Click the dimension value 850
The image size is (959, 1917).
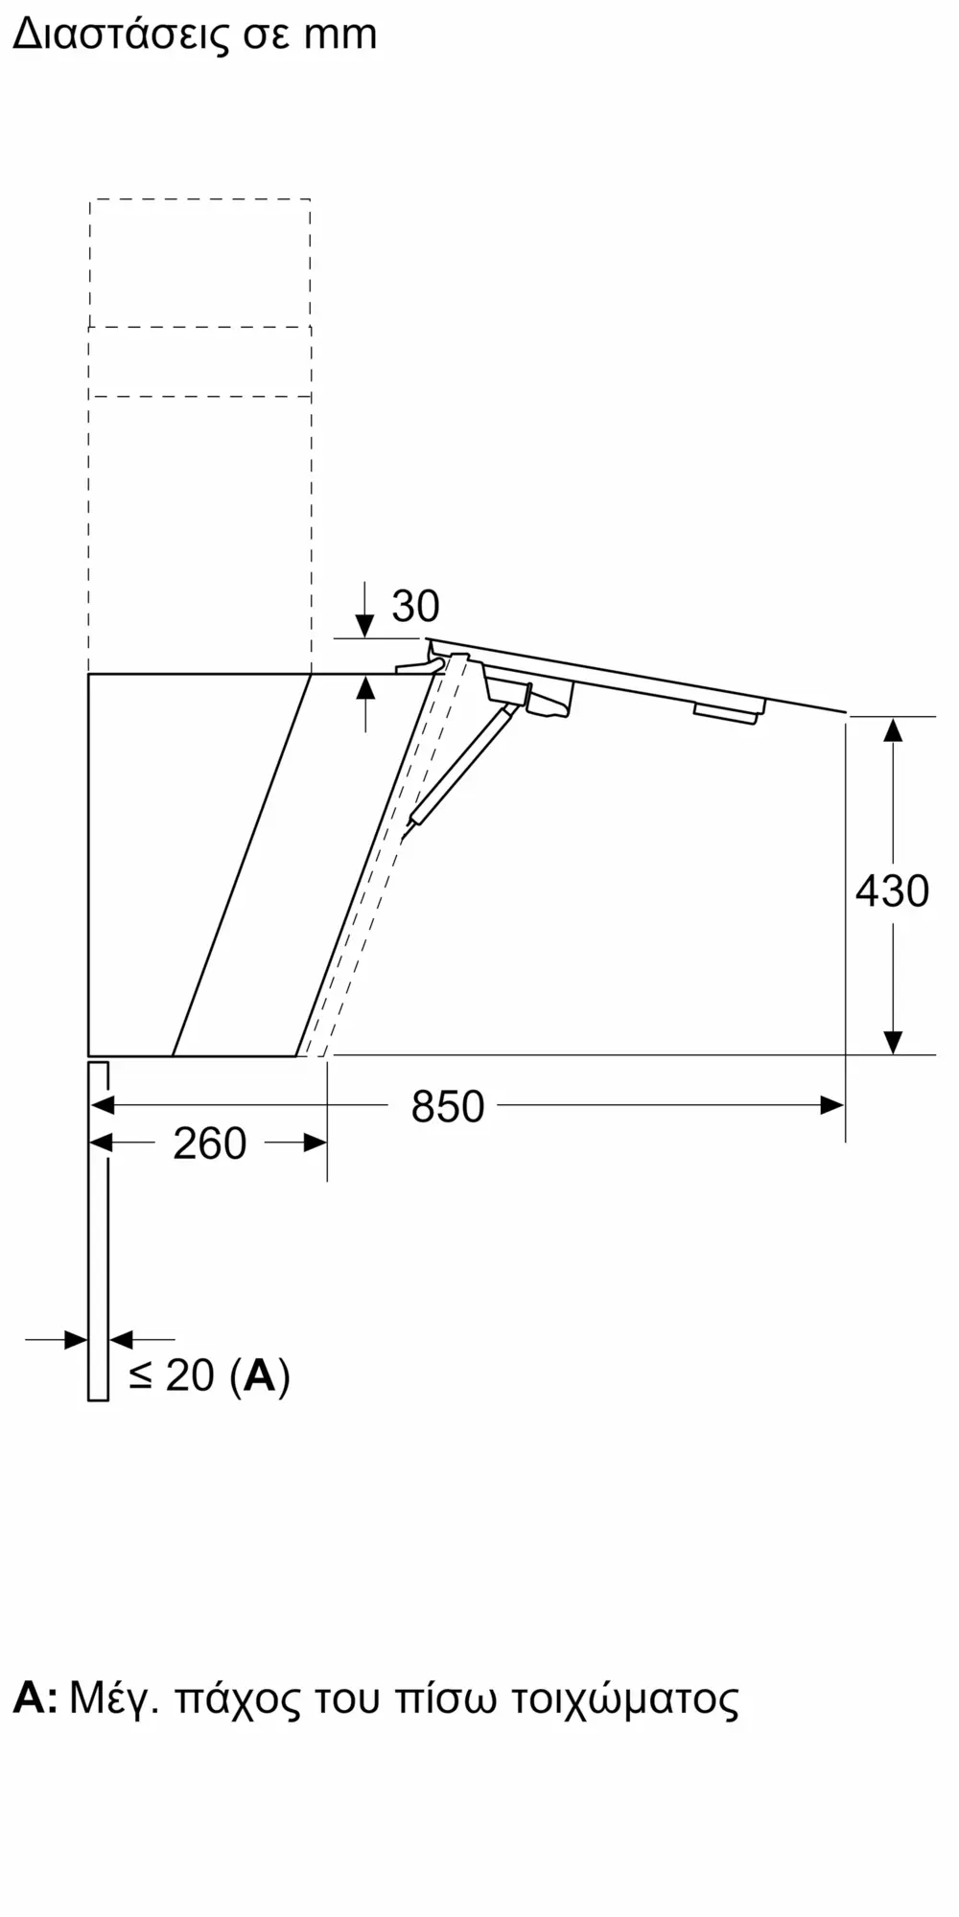[x=447, y=1107]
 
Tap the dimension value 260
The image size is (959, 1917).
[x=210, y=1143]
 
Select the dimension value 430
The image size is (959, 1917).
[x=892, y=891]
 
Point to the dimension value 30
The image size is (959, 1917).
[x=415, y=606]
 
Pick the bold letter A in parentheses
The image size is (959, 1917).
[x=260, y=1375]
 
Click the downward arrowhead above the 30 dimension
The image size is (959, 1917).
[x=364, y=627]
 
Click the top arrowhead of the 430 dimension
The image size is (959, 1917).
[x=893, y=728]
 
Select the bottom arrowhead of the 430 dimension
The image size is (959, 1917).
[x=893, y=1042]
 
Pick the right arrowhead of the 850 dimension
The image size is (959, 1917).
[x=832, y=1106]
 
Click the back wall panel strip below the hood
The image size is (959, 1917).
[x=98, y=1246]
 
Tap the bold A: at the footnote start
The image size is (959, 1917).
[x=35, y=1699]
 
